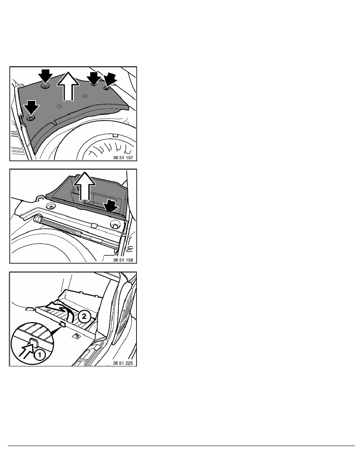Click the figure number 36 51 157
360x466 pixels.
(x=123, y=158)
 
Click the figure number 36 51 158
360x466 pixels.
(x=123, y=260)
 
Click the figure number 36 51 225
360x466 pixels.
(x=123, y=363)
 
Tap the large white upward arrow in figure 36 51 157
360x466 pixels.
(x=68, y=86)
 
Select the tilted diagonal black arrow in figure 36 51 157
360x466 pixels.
(x=109, y=80)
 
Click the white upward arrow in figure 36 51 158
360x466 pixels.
(x=85, y=186)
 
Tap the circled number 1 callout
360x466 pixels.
(x=40, y=355)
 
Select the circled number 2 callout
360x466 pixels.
(x=84, y=316)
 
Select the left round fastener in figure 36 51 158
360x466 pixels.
(x=51, y=207)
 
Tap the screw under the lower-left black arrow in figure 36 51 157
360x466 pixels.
(x=30, y=118)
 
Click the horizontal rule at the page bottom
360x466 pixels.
(x=181, y=446)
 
